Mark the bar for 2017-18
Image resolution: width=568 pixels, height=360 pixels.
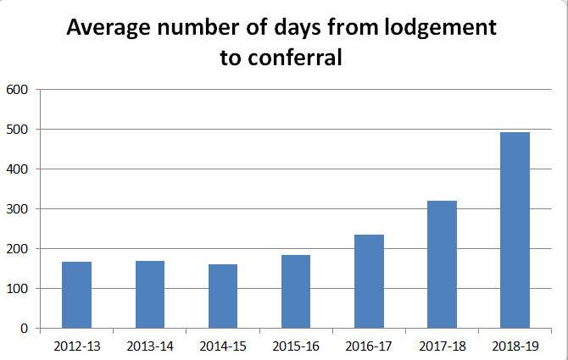pyautogui.click(x=442, y=264)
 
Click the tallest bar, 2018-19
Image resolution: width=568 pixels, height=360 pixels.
pyautogui.click(x=515, y=230)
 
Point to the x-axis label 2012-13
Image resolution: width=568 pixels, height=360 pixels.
pyautogui.click(x=77, y=346)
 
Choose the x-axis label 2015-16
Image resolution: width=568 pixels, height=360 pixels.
pyautogui.click(x=296, y=346)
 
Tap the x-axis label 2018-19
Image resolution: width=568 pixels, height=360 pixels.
pyautogui.click(x=515, y=346)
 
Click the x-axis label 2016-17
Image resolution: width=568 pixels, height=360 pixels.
pyautogui.click(x=369, y=346)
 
